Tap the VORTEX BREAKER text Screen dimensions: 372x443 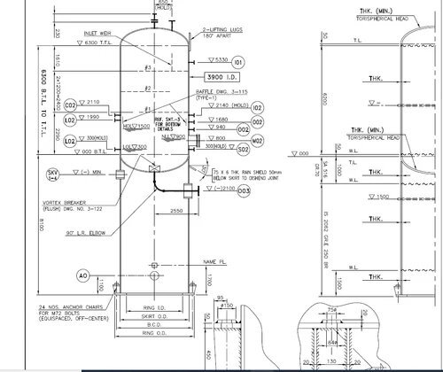(x=61, y=202)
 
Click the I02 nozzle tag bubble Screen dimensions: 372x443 (x=258, y=107)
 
